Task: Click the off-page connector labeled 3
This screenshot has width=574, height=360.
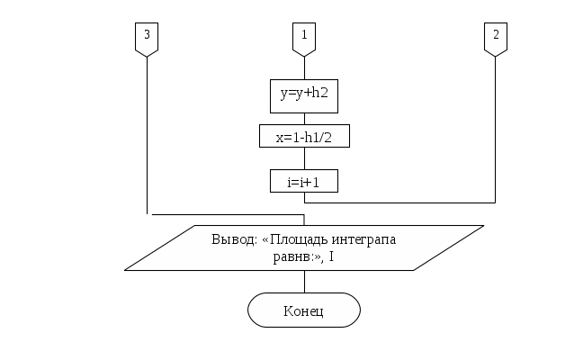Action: point(148,39)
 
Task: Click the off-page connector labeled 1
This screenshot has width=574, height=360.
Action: point(305,39)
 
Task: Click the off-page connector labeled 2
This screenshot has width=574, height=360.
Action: point(495,39)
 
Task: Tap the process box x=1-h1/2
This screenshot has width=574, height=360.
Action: point(305,136)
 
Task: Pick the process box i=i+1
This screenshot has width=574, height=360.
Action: point(305,181)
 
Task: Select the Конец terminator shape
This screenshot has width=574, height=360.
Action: point(304,310)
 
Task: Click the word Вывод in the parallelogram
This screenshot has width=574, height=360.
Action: point(233,240)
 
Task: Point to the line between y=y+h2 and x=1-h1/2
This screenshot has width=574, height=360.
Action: point(305,118)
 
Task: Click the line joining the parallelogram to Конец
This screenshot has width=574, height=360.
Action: point(305,283)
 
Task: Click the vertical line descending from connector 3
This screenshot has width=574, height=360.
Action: point(148,135)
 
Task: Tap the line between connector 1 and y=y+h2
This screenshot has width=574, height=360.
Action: point(305,67)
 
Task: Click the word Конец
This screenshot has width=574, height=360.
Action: point(304,311)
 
